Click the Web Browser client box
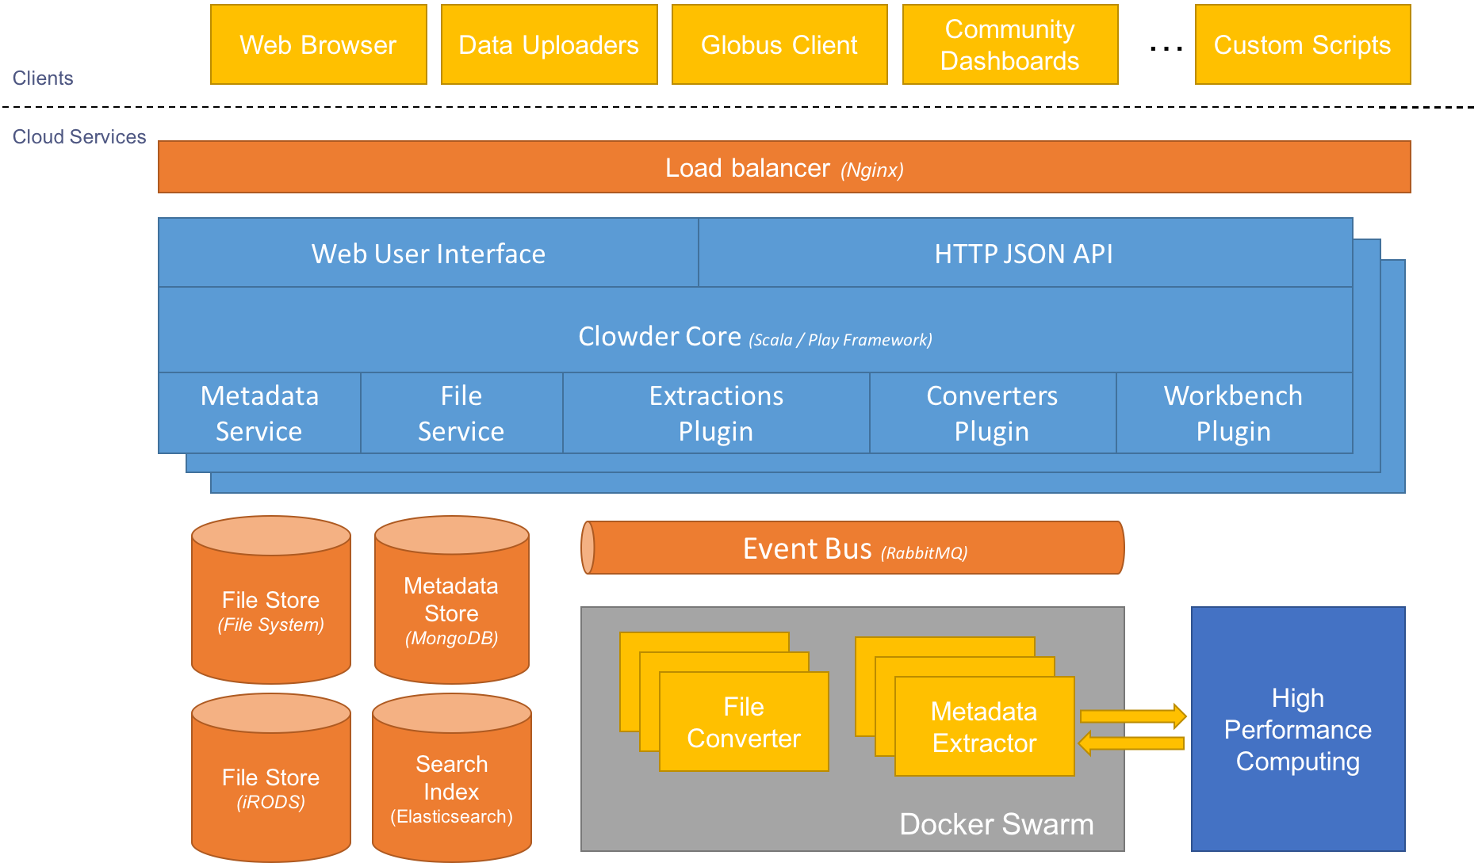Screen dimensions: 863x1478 tap(318, 44)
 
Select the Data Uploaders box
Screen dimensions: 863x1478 tap(549, 44)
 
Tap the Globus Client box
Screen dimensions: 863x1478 tap(779, 44)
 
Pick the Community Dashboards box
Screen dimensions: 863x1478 tap(1009, 44)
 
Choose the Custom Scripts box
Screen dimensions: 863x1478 tap(1302, 44)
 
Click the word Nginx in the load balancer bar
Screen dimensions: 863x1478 tap(872, 170)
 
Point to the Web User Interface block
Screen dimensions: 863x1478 tap(428, 254)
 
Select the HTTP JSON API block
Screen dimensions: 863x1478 tap(1024, 254)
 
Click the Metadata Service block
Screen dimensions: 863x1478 tap(259, 413)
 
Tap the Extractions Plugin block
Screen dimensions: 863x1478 tap(716, 413)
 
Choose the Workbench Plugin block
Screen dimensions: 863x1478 tap(1233, 413)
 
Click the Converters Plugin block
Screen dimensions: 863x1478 tap(992, 413)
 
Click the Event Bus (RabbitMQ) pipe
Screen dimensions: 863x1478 tap(853, 548)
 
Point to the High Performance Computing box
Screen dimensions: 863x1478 tap(1297, 729)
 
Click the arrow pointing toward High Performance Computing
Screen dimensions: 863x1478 tap(1133, 716)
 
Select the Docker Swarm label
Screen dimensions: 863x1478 tap(996, 824)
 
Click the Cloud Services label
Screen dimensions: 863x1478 tap(79, 137)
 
